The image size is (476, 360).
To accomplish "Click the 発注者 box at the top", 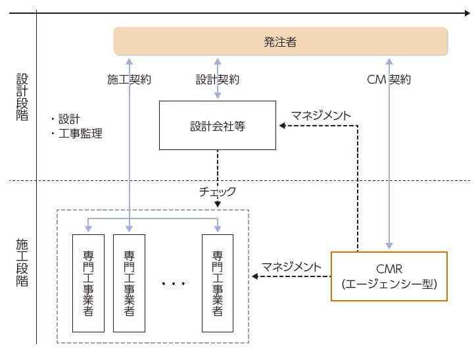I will pos(281,41).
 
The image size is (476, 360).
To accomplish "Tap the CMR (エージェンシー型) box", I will pos(389,276).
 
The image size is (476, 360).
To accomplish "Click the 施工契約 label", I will pos(130,80).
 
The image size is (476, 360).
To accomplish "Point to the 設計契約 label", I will pos(218,80).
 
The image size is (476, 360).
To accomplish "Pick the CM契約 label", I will pos(389,80).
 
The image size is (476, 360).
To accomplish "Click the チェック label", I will pos(217,192).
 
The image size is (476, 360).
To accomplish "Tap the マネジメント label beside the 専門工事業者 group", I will pos(292,267).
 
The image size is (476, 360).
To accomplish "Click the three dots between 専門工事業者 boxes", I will pos(174,284).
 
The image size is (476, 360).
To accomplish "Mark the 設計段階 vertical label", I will pos(22,96).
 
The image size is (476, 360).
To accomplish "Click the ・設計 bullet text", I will pos(64,119).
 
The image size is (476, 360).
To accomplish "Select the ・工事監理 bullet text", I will pos(76,134).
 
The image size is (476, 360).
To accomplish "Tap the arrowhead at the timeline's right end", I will pos(467,13).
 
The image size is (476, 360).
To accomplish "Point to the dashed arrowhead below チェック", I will pos(218,205).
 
